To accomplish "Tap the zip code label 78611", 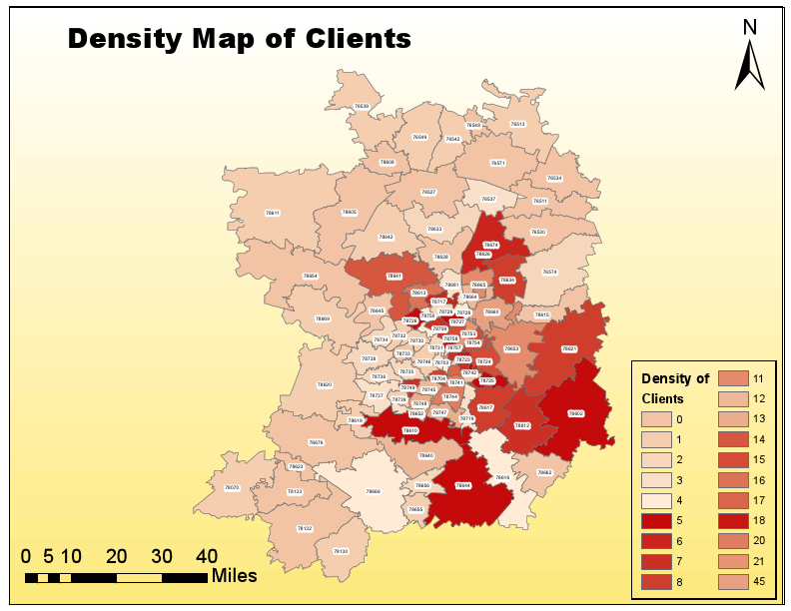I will pos(272,213).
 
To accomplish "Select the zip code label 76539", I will pos(362,106).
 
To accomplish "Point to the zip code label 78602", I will pos(576,412).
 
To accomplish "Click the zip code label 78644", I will pos(462,485).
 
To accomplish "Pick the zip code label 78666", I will pos(373,491).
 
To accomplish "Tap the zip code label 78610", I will pos(409,430).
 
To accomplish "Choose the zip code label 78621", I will pos(569,348).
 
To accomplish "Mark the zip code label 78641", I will pos(395,276).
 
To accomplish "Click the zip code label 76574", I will pos(549,272).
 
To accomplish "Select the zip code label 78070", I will pos(232,487).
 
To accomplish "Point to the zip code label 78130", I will pos(341,551).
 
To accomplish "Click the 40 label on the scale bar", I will pos(207,556).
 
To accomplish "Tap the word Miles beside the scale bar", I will pos(234,576).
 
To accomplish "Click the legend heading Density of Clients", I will pos(674,388).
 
